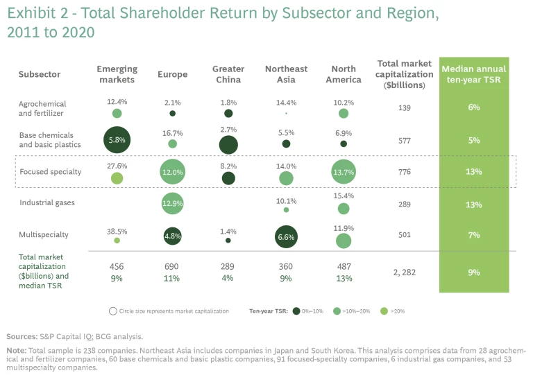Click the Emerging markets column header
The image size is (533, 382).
(117, 74)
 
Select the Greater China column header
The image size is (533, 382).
(228, 74)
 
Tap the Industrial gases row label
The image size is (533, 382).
(47, 202)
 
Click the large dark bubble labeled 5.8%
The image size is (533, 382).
(117, 140)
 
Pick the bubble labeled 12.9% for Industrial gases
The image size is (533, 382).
(172, 203)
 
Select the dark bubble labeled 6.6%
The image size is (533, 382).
(286, 236)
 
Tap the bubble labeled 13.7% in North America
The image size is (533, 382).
(344, 171)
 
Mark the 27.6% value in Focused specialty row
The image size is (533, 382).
(117, 166)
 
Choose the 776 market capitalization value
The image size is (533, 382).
(405, 171)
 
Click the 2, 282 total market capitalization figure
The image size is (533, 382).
(405, 272)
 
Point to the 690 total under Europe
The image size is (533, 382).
(172, 267)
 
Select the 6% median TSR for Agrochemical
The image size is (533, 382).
(474, 108)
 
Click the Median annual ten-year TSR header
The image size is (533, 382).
(474, 74)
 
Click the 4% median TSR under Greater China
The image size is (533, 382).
(228, 279)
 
